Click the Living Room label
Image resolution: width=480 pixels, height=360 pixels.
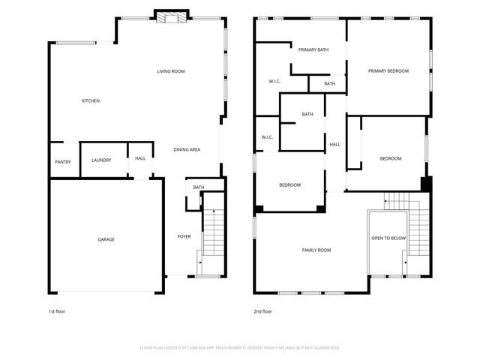(170, 71)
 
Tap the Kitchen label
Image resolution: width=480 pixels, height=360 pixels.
(91, 100)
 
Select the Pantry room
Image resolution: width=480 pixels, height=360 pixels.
(63, 161)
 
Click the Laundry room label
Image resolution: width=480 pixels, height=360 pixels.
(101, 160)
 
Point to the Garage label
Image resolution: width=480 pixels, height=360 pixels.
(106, 239)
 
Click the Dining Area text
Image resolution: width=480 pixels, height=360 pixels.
(186, 149)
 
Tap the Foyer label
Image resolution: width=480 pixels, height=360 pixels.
(184, 236)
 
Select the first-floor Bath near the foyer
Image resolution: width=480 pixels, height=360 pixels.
(198, 187)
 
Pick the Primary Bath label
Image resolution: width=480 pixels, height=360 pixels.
(313, 49)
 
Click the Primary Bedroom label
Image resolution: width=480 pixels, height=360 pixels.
(388, 70)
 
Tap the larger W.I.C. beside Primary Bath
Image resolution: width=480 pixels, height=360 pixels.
(274, 81)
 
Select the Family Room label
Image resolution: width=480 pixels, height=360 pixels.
(316, 250)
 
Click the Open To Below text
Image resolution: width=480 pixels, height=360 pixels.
(388, 238)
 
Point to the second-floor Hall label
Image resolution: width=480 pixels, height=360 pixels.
(334, 144)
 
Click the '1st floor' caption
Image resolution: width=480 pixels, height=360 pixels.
(57, 310)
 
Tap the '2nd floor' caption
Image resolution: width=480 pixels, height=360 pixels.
(262, 310)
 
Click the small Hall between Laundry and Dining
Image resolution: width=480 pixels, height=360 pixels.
(140, 158)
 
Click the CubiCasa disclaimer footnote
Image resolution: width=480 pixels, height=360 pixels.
(240, 347)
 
